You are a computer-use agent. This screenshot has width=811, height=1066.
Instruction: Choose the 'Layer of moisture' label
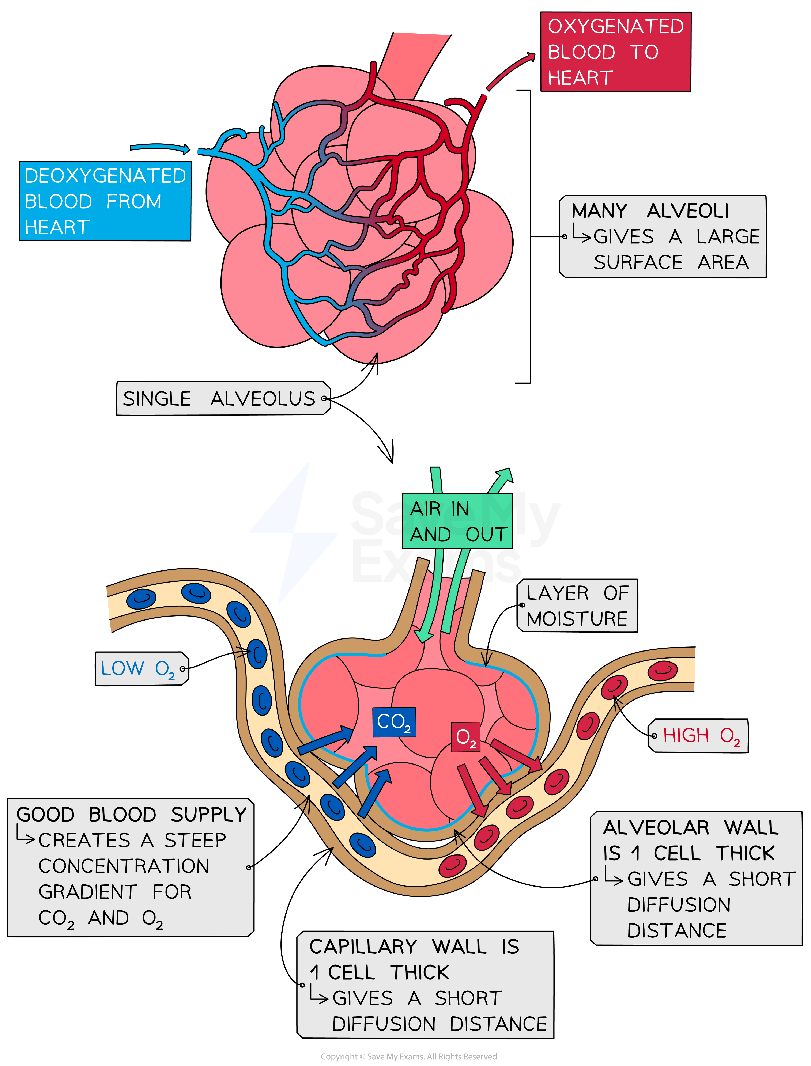click(577, 606)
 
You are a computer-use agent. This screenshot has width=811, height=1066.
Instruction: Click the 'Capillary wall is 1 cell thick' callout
click(425, 985)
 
